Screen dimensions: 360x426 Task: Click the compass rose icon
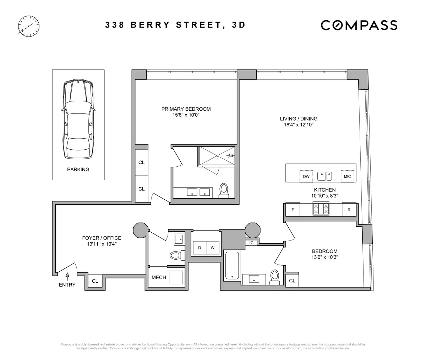tap(28, 26)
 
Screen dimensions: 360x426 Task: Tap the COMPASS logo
tap(359, 25)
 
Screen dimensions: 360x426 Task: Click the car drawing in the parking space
tap(78, 120)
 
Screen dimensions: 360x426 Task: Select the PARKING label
tap(78, 170)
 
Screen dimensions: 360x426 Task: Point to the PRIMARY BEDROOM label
tap(186, 109)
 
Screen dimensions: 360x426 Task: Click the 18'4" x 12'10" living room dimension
tap(298, 125)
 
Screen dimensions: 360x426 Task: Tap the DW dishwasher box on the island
tap(306, 176)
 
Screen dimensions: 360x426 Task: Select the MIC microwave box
tap(347, 176)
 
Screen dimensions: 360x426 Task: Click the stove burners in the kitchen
tap(320, 209)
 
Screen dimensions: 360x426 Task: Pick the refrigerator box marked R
tap(349, 210)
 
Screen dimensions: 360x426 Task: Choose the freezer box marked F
tap(293, 210)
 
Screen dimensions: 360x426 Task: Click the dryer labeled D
tap(200, 248)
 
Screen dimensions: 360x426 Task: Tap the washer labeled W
tap(213, 248)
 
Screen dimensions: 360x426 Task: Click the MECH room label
tap(158, 277)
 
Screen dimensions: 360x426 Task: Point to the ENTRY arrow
tap(67, 276)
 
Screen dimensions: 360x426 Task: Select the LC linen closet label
tap(251, 243)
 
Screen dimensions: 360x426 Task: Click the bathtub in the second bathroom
tap(232, 265)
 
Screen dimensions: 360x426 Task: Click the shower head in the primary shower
tap(233, 155)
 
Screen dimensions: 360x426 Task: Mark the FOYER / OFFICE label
tap(102, 238)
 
